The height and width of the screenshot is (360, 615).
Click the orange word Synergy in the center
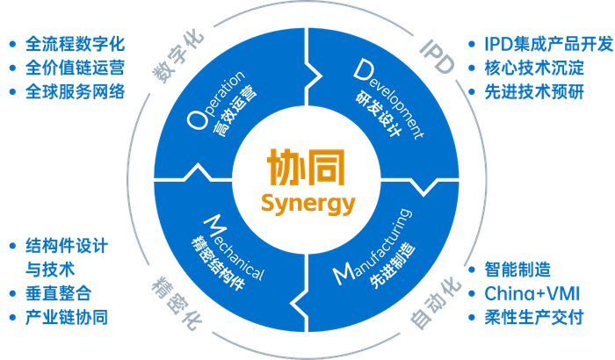[307, 204]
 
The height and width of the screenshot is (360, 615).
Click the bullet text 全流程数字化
[76, 43]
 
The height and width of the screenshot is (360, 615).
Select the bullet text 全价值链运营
[76, 68]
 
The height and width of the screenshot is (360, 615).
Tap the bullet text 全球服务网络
[76, 92]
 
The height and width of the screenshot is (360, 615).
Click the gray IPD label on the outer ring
[437, 54]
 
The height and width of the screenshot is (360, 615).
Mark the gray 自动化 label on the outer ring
[436, 306]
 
